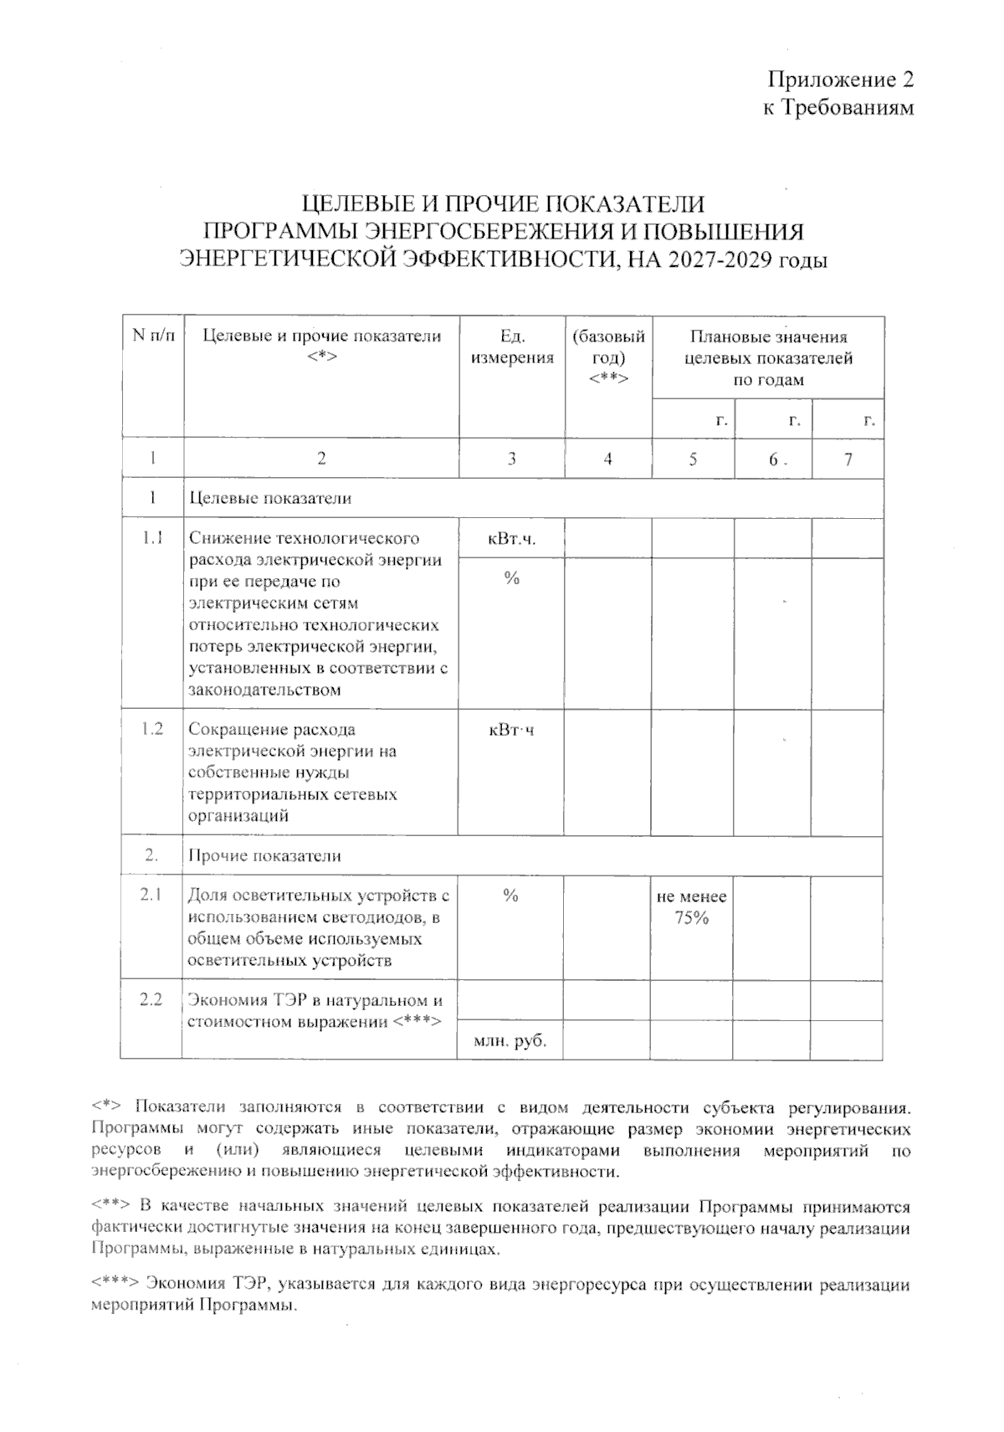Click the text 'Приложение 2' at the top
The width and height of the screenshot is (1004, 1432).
[841, 80]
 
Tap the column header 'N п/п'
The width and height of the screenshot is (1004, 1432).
[151, 336]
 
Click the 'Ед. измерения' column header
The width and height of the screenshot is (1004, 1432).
[512, 347]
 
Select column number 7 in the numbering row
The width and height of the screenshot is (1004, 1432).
[848, 459]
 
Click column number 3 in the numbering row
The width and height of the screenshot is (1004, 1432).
[511, 459]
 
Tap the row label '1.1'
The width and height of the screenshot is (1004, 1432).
[151, 538]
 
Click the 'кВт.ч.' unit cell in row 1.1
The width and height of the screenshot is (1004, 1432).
[511, 539]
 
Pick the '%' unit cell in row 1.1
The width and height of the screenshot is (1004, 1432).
[511, 578]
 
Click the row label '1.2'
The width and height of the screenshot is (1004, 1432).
[151, 729]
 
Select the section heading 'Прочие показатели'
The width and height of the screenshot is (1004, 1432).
[264, 856]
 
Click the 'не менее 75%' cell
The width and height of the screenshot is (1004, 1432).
[691, 907]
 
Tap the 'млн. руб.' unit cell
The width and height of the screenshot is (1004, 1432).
[510, 1041]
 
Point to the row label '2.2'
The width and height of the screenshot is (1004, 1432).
[151, 1000]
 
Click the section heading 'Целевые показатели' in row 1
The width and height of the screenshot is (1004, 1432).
[270, 499]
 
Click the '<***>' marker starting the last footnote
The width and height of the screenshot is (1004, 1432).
[115, 1284]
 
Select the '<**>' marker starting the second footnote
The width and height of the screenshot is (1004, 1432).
[110, 1207]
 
